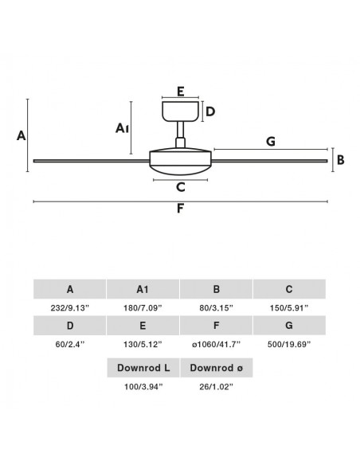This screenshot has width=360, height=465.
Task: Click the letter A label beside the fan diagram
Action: click(21, 135)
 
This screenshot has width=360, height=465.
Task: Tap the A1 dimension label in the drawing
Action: click(122, 128)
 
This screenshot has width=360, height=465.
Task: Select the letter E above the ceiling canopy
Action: click(181, 92)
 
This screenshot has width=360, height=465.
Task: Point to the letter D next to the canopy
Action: click(210, 111)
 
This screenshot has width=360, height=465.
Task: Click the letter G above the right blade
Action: click(271, 142)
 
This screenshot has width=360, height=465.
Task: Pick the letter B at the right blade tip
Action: click(341, 160)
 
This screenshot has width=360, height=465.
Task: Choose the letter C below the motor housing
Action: click(181, 187)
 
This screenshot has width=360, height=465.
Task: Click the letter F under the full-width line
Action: click(180, 209)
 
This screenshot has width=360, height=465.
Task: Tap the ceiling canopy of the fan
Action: click(180, 111)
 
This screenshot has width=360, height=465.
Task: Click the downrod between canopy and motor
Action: click(180, 130)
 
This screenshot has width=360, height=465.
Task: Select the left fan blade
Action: click(92, 161)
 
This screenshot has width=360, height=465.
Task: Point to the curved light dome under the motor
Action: click(180, 170)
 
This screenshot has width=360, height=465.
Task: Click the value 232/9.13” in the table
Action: click(69, 308)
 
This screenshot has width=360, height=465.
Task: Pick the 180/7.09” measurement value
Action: click(143, 308)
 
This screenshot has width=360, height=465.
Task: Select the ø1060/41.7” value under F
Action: click(216, 345)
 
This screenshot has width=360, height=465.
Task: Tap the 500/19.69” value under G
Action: click(289, 345)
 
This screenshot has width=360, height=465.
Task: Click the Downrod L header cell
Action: click(143, 368)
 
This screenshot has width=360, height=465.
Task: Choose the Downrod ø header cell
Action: click(217, 368)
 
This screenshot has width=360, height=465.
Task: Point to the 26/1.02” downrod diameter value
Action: click(216, 387)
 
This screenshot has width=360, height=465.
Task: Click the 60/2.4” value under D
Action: click(69, 345)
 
